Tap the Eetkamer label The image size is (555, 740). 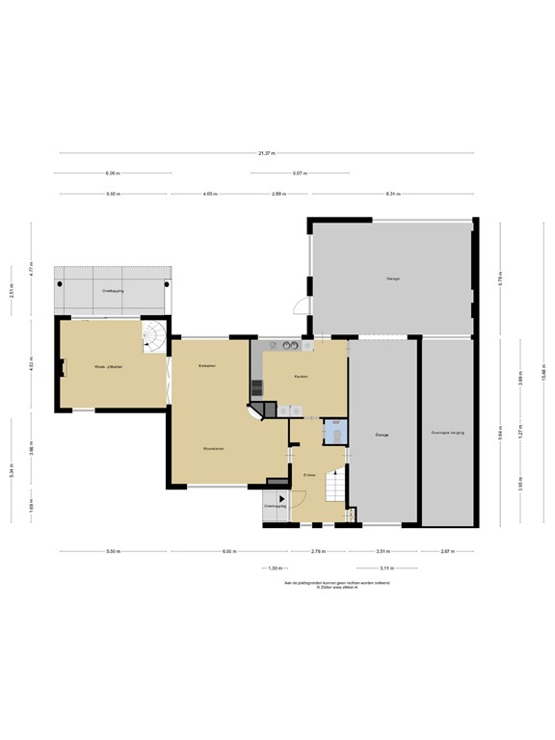(x=206, y=366)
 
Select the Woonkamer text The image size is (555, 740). (x=214, y=449)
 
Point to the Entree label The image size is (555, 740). (x=309, y=475)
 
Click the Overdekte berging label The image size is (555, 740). (x=448, y=433)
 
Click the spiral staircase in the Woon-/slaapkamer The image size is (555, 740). (x=154, y=335)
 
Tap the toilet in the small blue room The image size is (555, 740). (x=334, y=433)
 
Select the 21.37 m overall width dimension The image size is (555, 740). (x=267, y=153)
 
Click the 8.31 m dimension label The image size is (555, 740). (x=392, y=194)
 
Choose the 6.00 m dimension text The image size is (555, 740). (x=227, y=551)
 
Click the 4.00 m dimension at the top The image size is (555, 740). (x=210, y=194)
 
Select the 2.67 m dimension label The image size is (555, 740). (x=446, y=551)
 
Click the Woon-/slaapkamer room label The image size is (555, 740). (x=108, y=367)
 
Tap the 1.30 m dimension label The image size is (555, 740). (x=275, y=568)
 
